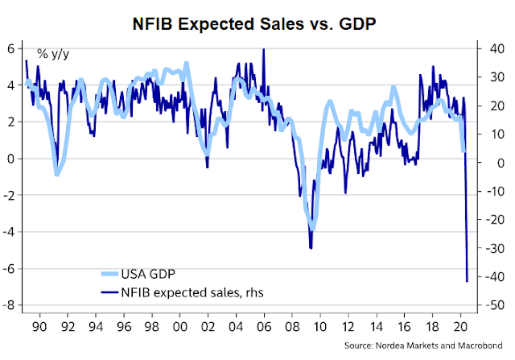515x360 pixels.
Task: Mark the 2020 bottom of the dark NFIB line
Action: click(x=468, y=281)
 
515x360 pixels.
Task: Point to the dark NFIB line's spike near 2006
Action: click(x=264, y=49)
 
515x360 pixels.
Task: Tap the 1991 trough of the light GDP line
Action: click(x=56, y=175)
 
